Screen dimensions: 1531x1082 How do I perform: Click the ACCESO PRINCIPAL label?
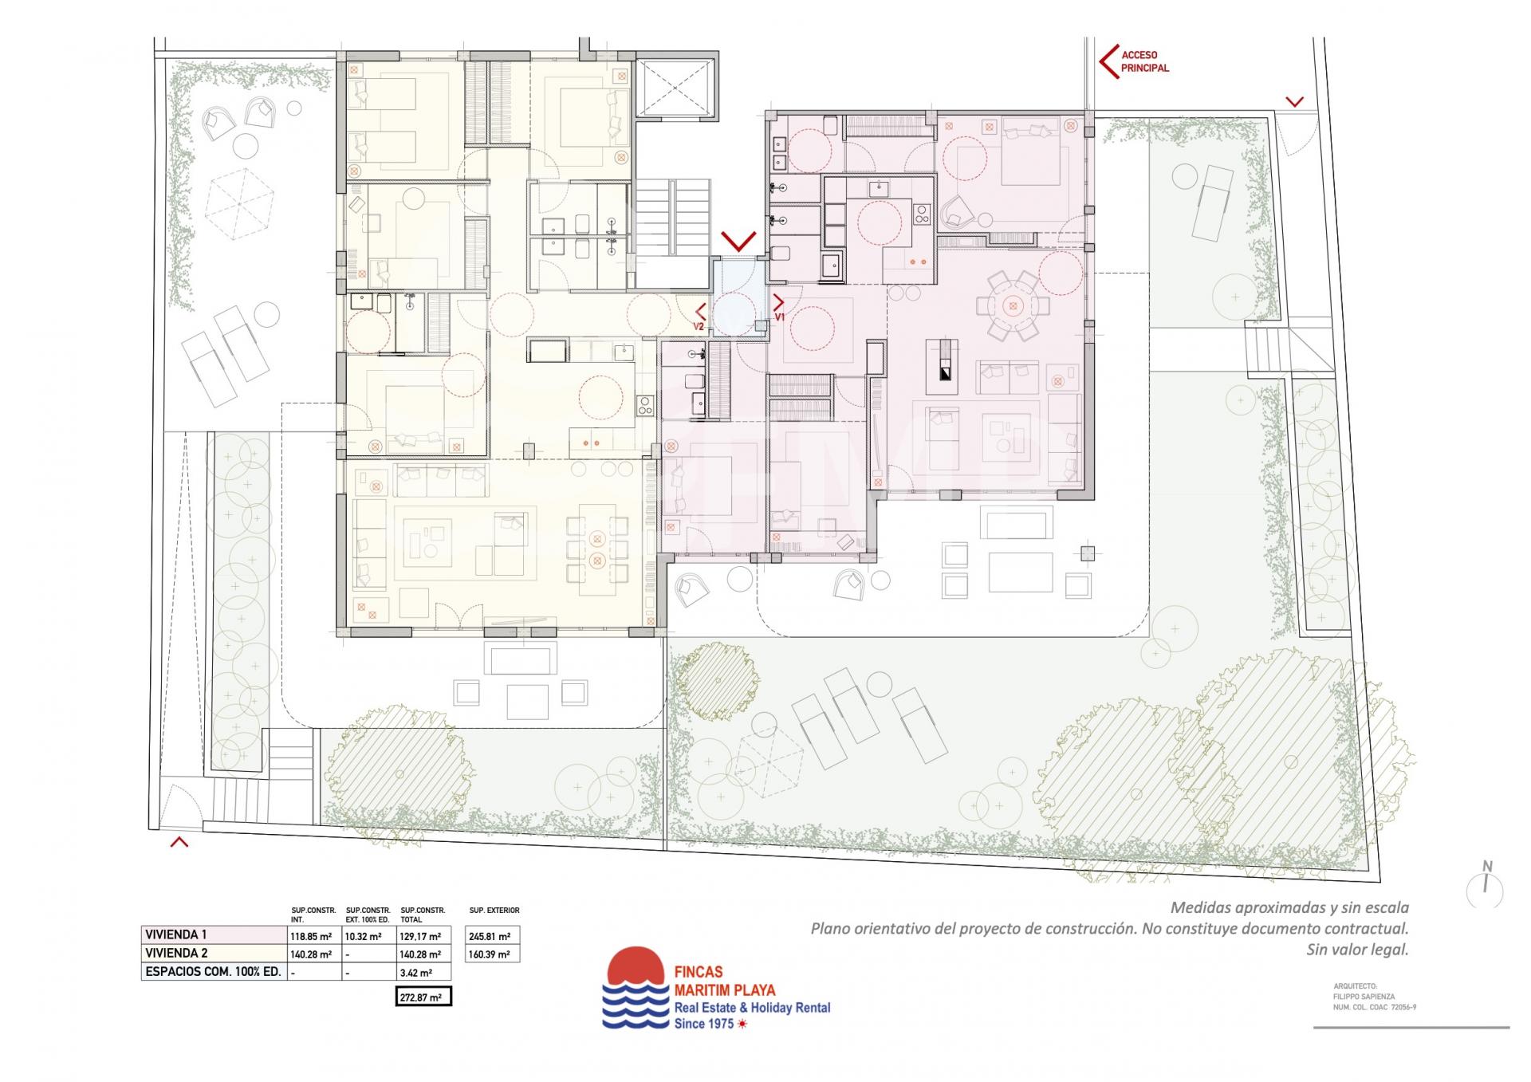click(x=1145, y=61)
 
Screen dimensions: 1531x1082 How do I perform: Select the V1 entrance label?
click(x=781, y=317)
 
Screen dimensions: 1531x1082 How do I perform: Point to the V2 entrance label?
click(x=699, y=326)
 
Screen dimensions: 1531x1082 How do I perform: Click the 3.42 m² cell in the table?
click(x=416, y=973)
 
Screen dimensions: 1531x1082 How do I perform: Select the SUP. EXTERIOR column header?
click(x=494, y=910)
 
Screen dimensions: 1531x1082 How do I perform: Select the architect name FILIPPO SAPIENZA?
click(x=1364, y=997)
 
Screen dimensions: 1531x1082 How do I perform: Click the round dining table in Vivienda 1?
click(x=1012, y=305)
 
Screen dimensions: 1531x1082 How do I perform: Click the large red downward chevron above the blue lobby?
click(x=738, y=241)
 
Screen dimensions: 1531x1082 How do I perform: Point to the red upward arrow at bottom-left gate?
click(x=179, y=840)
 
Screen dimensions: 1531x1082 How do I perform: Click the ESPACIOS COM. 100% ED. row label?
click(x=213, y=973)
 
